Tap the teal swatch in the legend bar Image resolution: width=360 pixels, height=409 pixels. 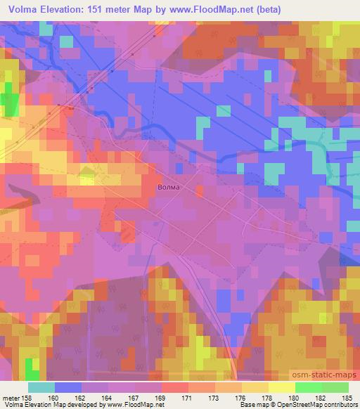[41, 387]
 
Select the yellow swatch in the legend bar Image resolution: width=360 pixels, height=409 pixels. [281, 387]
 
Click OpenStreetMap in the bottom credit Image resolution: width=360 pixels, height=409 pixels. [295, 405]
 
